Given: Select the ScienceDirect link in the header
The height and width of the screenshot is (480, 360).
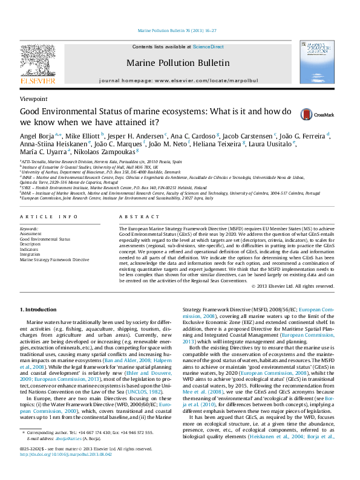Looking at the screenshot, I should pyautogui.click(x=208, y=47).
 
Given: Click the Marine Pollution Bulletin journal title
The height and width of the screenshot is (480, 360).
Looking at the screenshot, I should pyautogui.click(x=178, y=63).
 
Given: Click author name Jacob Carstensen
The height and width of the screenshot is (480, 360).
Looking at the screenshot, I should pyautogui.click(x=249, y=135).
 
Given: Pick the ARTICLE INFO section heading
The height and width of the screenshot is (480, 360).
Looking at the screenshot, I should pyautogui.click(x=48, y=216).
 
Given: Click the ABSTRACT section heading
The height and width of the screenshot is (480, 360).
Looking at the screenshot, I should pyautogui.click(x=135, y=216).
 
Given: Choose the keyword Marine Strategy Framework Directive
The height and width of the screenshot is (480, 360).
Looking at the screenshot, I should pyautogui.click(x=54, y=259).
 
